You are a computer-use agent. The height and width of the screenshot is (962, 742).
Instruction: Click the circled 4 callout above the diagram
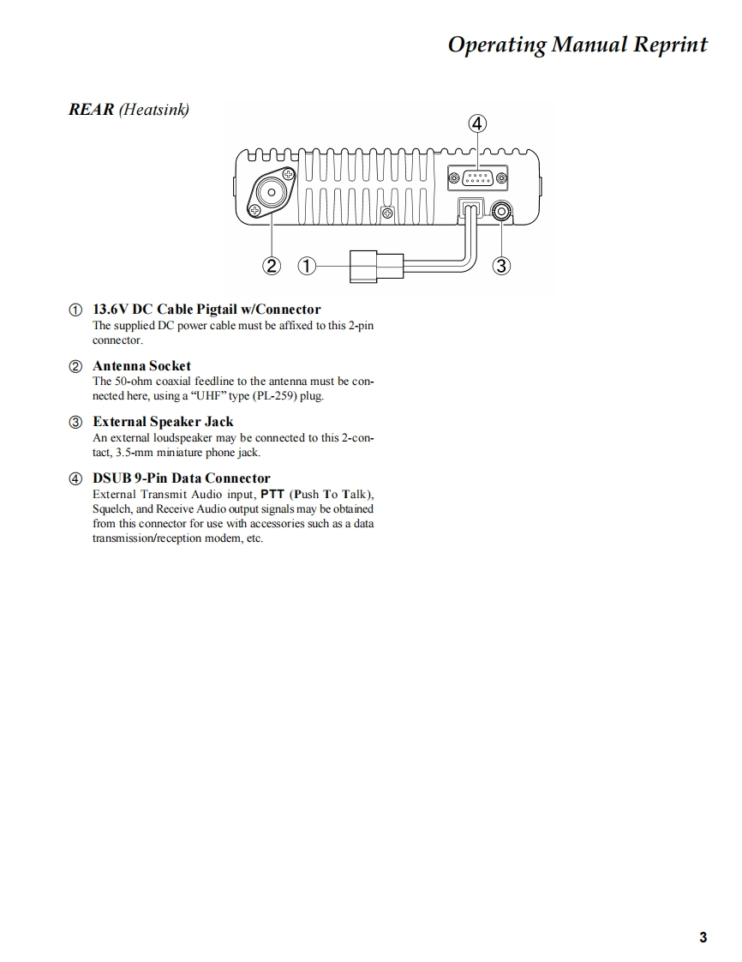click(x=478, y=123)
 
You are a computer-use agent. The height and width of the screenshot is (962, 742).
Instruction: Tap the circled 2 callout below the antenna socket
click(x=272, y=266)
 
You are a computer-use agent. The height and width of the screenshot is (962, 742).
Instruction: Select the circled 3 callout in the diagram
click(x=502, y=266)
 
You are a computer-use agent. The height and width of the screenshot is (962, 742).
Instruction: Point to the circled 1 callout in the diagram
click(x=306, y=266)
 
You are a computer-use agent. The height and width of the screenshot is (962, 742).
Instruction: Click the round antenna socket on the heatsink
click(x=271, y=193)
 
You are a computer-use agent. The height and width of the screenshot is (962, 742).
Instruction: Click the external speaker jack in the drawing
click(x=501, y=209)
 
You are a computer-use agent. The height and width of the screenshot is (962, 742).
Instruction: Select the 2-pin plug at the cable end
click(x=375, y=266)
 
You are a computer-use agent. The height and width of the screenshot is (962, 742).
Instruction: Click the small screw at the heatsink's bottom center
click(x=387, y=213)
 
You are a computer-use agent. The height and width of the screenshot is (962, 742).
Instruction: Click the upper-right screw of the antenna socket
click(x=288, y=177)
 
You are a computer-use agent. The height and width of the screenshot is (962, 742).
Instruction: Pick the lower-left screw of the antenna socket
click(x=254, y=210)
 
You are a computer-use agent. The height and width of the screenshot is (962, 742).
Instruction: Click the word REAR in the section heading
click(x=91, y=110)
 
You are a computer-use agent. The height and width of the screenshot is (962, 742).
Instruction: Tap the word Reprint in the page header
click(x=670, y=45)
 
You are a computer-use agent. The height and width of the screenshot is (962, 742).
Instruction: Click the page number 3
click(x=703, y=937)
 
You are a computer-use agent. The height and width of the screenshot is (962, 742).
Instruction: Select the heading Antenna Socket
click(x=141, y=365)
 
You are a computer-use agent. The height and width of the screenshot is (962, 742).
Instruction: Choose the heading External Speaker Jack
click(x=163, y=422)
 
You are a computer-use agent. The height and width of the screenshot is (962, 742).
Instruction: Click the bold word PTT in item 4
click(x=272, y=495)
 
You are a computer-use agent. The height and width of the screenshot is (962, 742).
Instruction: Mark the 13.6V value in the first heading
click(x=111, y=310)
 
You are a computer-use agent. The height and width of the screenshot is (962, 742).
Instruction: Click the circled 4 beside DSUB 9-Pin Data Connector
click(x=76, y=478)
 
